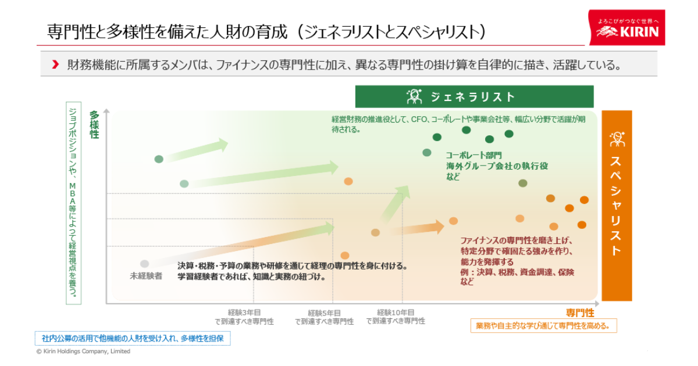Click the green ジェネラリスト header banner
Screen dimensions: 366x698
(474, 97)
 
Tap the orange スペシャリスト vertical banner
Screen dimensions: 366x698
(617, 206)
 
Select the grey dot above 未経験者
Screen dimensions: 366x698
(144, 264)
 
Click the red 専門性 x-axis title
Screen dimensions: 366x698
(580, 312)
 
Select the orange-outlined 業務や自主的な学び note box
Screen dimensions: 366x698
(543, 326)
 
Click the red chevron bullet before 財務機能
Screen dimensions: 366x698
(55, 64)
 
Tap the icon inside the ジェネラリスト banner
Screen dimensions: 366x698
(414, 97)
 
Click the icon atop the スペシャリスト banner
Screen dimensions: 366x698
(617, 139)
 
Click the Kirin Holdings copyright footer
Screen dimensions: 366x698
(83, 351)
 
